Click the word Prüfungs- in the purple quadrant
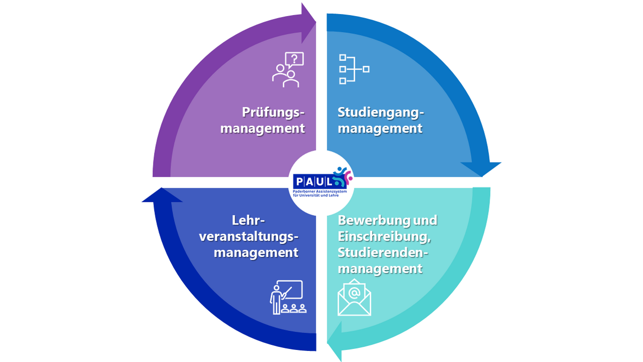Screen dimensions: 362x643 pos(273,112)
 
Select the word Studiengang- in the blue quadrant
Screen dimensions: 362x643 pos(380,112)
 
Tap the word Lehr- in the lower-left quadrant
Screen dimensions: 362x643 pos(248,220)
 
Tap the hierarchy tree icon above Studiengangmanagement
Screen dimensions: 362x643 pos(354,69)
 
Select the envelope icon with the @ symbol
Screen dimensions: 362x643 pos(354,297)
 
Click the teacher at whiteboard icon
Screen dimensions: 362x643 pos(286,297)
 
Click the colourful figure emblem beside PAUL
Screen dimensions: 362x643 pos(342,175)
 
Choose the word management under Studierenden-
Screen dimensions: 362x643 pos(380,268)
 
